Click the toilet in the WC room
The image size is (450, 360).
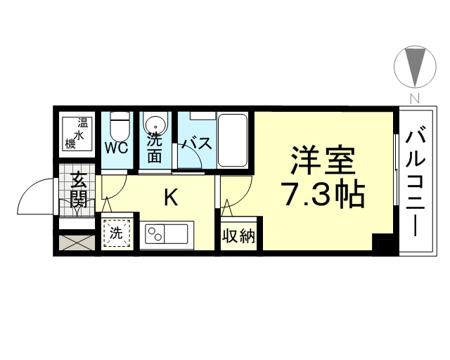[120, 125]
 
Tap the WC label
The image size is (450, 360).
[116, 148]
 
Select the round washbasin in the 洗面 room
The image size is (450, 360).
[156, 125]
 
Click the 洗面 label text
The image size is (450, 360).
[155, 148]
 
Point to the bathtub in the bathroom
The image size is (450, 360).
[233, 140]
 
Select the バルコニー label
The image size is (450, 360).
[415, 183]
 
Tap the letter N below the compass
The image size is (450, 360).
[415, 98]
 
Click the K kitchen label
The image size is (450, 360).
[171, 197]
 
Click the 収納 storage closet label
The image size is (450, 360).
[239, 236]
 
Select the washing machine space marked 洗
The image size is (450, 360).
[117, 233]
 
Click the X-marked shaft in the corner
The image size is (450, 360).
[77, 243]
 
